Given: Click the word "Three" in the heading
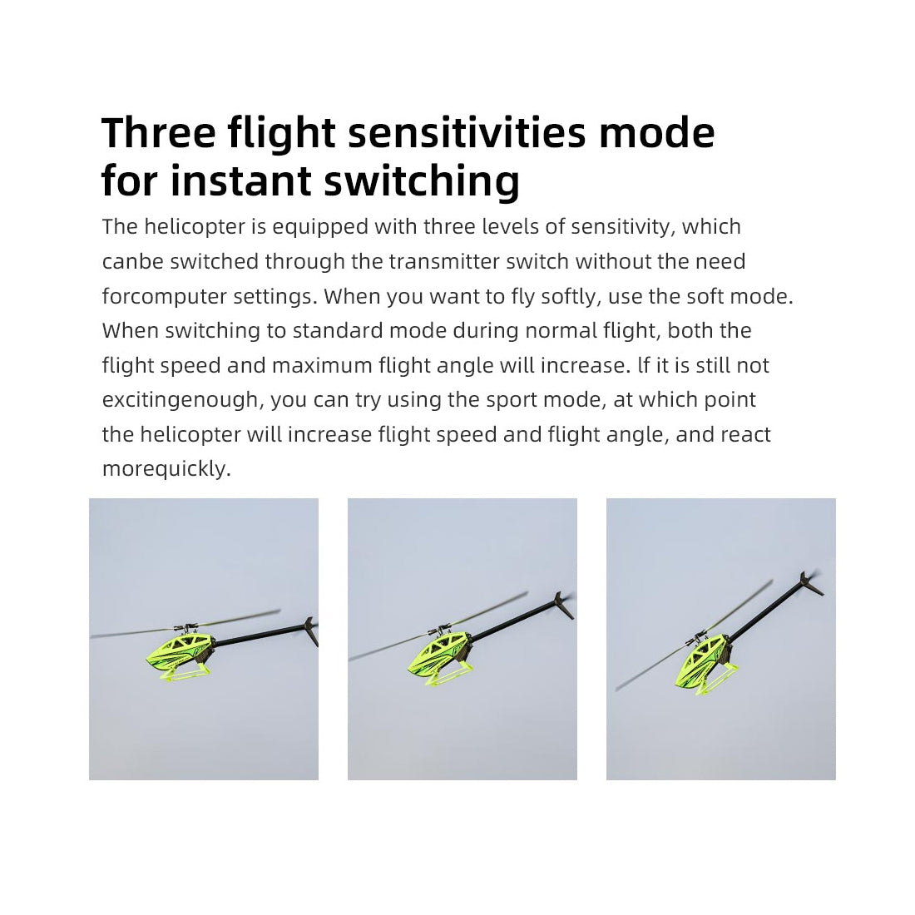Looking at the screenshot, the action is pos(159,132).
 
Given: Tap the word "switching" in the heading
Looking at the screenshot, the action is pos(422,181).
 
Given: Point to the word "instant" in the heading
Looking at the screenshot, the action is pos(240,181).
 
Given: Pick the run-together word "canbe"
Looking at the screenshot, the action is pos(133,261).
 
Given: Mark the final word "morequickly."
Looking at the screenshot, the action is pos(167,469).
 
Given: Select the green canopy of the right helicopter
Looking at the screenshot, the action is pos(701,662).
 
